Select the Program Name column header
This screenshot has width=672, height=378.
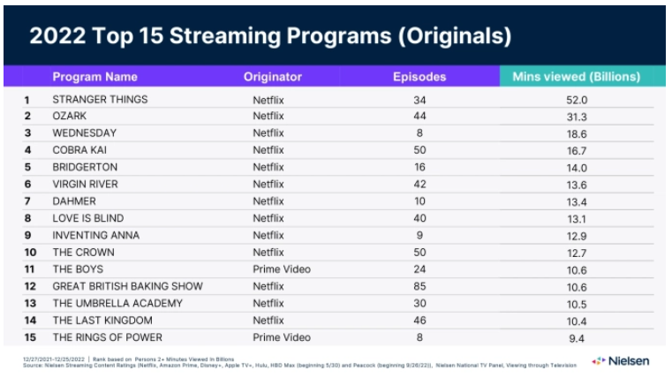94,77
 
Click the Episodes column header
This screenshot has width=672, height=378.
419,77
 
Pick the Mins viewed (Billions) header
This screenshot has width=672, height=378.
576,77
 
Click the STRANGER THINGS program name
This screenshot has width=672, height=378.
100,99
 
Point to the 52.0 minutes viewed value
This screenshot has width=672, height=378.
577,99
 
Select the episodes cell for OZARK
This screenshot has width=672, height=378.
419,116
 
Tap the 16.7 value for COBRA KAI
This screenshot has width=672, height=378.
577,150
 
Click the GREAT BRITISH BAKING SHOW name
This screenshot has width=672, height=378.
127,285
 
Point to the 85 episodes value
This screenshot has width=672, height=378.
419,285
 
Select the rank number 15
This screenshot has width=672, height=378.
27,336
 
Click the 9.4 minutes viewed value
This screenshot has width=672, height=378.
577,336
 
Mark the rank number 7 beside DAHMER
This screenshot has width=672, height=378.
27,200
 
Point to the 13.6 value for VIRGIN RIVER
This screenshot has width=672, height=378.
577,184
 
